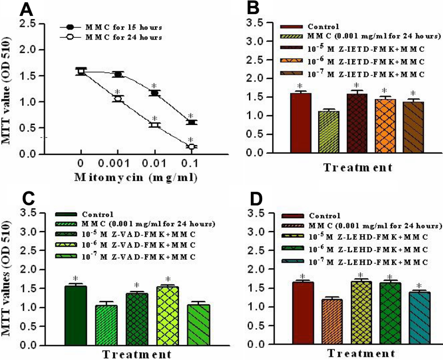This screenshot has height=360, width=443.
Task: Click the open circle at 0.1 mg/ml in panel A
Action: click(191, 146)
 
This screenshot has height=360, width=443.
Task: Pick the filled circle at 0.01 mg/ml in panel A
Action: click(154, 93)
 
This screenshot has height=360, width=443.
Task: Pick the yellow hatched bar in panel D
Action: click(330, 313)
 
